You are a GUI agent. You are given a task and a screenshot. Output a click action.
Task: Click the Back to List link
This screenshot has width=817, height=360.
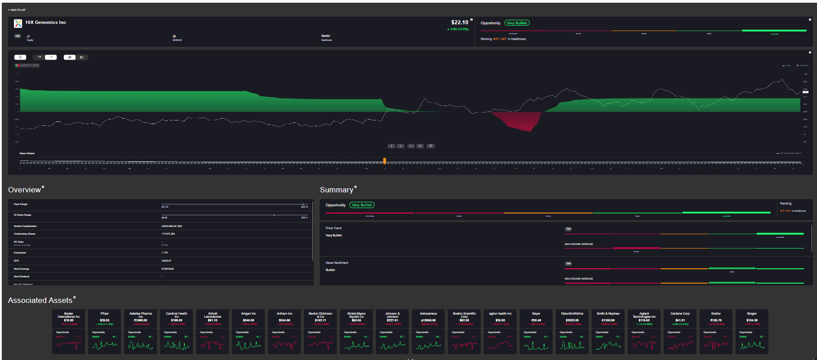18,9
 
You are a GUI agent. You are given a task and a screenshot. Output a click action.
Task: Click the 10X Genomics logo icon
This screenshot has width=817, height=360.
18,23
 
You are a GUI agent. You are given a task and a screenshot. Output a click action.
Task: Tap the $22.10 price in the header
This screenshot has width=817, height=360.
460,22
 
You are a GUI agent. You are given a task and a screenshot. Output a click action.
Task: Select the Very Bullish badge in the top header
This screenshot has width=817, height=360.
517,23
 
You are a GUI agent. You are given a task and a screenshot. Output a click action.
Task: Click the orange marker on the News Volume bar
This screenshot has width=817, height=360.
384,161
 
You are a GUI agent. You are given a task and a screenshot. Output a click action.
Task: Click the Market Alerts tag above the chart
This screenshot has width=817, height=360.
27,66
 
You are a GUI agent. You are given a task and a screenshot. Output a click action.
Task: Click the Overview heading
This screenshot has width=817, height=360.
24,190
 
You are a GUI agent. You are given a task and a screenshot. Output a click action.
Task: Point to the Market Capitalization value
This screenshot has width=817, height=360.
171,226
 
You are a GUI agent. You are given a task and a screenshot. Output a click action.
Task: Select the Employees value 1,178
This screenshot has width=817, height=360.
165,253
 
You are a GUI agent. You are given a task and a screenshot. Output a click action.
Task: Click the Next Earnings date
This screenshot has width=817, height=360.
167,269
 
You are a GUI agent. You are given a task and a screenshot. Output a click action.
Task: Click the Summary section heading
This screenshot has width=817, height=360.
336,190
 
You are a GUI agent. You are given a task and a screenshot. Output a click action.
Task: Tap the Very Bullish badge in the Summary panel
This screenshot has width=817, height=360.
362,205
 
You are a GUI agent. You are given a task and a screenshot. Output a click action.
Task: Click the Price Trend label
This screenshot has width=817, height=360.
333,228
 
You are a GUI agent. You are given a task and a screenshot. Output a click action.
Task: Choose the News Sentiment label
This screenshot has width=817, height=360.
337,263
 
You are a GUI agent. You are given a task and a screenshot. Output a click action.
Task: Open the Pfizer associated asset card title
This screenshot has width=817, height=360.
105,314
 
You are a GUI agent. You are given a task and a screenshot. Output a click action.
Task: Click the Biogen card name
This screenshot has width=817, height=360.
752,314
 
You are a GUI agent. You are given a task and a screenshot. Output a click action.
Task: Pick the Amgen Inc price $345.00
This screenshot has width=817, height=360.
248,320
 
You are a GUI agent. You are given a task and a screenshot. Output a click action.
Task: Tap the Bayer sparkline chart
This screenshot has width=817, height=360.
536,346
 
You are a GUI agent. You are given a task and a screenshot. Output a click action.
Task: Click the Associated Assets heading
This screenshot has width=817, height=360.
40,301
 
